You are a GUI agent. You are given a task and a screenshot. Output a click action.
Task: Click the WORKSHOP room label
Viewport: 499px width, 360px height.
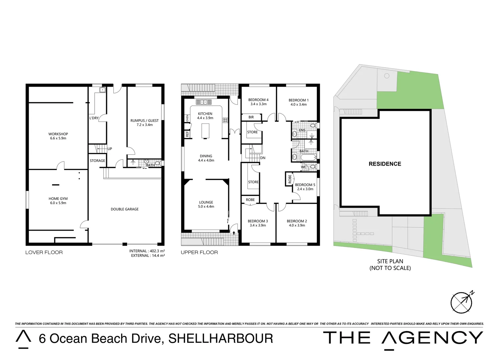58,134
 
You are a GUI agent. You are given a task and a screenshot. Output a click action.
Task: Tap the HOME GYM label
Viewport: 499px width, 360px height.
58,199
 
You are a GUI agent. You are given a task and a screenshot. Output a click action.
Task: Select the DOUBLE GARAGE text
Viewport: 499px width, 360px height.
124,209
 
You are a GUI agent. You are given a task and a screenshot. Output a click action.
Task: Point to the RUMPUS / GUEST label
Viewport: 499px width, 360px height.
144,121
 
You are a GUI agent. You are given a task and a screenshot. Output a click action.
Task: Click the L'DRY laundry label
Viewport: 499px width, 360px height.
94,118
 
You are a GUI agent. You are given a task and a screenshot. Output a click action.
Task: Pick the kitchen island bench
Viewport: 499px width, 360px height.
206,131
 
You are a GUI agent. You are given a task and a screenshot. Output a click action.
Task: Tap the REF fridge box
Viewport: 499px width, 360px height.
187,134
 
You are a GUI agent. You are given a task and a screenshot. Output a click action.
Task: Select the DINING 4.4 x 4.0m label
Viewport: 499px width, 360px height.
206,158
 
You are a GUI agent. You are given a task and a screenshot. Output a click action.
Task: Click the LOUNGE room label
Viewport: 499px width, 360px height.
206,202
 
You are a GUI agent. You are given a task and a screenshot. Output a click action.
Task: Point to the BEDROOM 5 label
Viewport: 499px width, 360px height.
305,185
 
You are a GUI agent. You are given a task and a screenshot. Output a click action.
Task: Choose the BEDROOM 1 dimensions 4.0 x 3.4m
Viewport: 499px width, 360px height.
298,105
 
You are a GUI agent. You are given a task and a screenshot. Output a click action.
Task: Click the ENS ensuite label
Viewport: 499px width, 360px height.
302,130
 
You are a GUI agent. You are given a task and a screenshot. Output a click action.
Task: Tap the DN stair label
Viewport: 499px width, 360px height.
263,158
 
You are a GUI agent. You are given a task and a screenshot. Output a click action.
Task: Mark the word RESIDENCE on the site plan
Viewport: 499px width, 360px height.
385,164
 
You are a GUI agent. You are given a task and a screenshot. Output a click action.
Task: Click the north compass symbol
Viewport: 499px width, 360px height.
462,302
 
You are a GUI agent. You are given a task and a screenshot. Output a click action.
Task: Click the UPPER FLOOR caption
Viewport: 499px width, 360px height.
199,252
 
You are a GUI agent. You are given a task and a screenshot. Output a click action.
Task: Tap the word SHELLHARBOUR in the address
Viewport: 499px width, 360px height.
221,339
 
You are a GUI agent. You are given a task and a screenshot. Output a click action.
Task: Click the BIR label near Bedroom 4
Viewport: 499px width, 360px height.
251,117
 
